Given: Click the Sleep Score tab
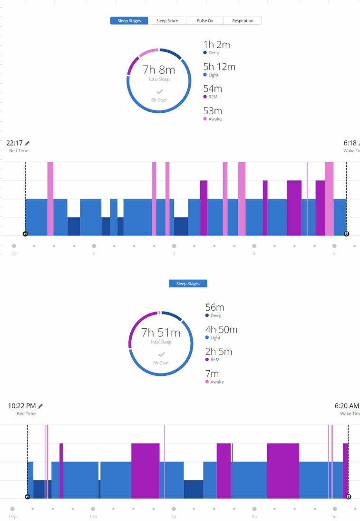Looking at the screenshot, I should coord(167,21).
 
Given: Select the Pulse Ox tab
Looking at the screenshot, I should coord(205,21).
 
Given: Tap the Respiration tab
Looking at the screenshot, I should coord(243,21).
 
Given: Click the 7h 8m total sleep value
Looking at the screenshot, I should coord(159,70).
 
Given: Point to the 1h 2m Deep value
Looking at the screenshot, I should coord(216,45).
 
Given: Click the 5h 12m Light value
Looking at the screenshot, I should coord(219,67).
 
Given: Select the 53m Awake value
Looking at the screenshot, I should coord(213,111).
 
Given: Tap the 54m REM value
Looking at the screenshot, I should coord(213,89).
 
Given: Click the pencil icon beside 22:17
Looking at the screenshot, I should coord(28,143).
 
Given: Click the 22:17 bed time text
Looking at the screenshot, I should coord(14,143).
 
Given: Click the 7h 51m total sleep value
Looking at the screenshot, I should coord(161,333).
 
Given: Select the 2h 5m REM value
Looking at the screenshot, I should coord(218,352).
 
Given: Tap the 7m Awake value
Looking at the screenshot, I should coord(212,374).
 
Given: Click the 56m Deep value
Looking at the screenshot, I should coord(214,308).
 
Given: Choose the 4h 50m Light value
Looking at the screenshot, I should coord(221,330).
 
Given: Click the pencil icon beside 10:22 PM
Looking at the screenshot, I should coord(40,406).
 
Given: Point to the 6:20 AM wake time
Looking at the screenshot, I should coord(347,406).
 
